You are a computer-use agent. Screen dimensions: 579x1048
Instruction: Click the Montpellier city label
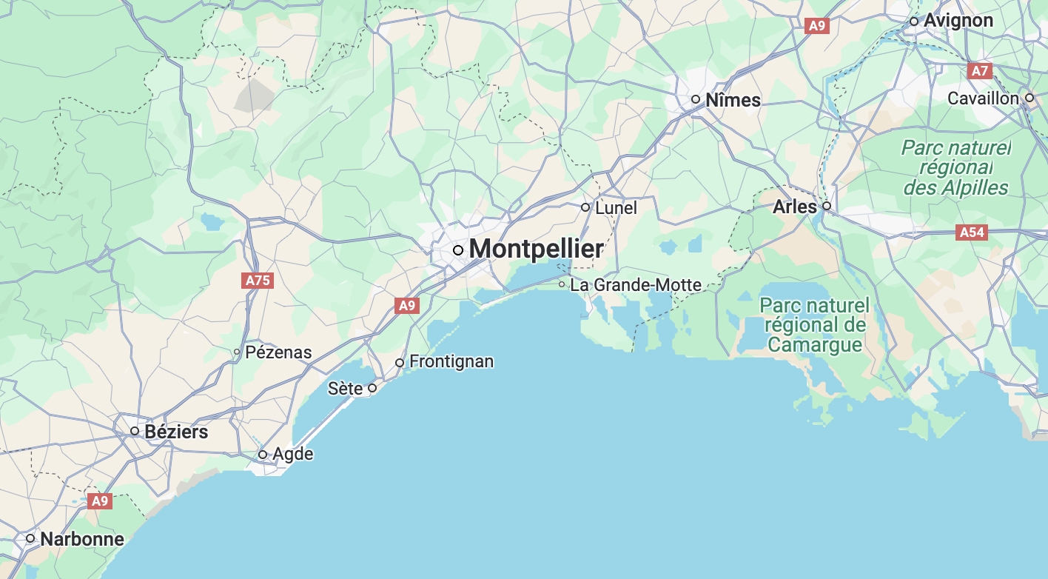536,250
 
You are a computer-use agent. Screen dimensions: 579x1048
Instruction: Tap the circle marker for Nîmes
696,99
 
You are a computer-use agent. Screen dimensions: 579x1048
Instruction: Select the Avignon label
958,21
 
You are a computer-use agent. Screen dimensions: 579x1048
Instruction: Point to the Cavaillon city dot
1029,98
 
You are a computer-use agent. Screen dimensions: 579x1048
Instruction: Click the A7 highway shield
979,71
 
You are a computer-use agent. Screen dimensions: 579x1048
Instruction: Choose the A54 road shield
972,232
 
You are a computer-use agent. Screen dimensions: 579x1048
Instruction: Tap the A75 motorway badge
258,281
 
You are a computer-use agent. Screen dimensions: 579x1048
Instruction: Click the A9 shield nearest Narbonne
99,501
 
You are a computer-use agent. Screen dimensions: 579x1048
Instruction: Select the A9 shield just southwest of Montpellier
407,305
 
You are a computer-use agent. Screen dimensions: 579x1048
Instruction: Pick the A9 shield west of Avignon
816,26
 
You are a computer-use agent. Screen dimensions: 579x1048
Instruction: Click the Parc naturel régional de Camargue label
814,325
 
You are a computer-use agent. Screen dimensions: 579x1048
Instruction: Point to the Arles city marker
827,206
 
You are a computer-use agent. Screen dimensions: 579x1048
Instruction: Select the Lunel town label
616,208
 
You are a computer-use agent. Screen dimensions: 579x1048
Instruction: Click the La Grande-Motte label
635,284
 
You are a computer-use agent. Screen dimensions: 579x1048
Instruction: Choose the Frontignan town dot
400,362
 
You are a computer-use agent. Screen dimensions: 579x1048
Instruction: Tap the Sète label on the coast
346,388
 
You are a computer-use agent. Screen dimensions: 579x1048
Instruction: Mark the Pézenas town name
278,352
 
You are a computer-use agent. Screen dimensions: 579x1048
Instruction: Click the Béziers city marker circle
135,431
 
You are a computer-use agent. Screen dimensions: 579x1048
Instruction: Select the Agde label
293,454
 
